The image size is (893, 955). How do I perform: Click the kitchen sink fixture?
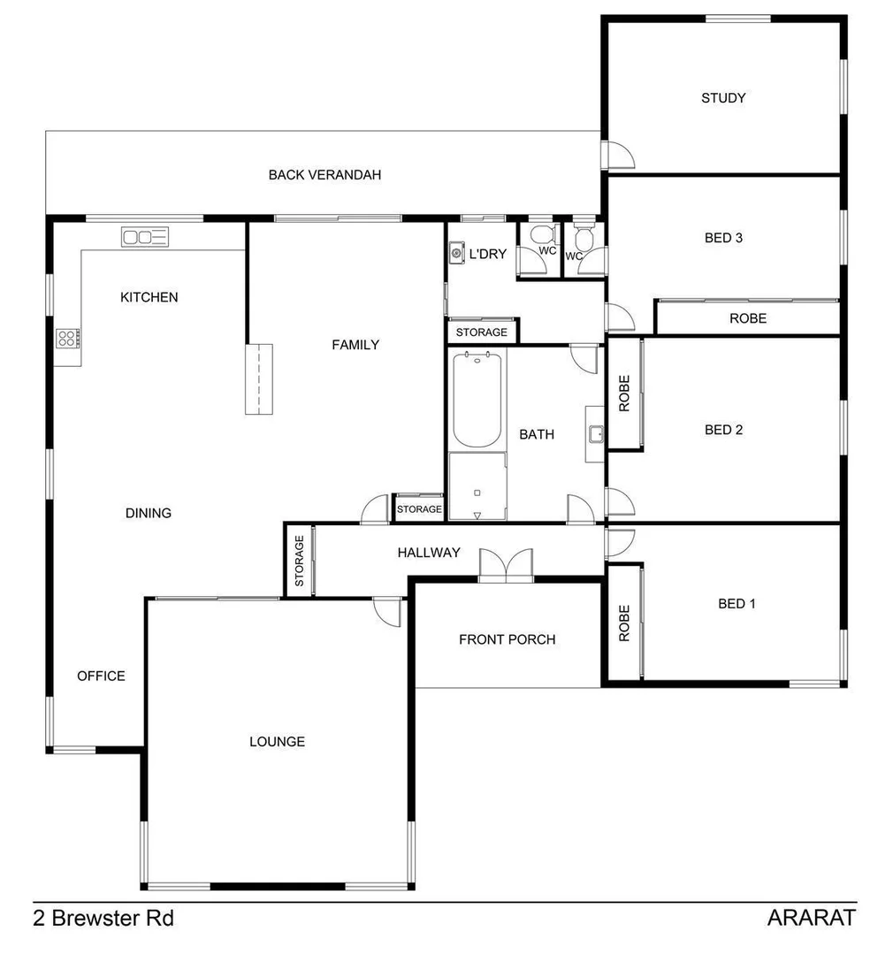145,236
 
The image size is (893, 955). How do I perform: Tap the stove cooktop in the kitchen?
68,337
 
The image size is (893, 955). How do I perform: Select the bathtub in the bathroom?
477,400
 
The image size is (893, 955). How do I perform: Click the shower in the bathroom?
477,486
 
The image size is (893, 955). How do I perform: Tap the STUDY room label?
722,98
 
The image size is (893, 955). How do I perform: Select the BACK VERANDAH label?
324,175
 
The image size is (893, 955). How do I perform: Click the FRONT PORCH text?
507,639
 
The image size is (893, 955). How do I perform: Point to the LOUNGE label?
277,742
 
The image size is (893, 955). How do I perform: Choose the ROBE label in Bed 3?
747,318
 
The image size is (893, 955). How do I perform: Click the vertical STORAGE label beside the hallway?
299,561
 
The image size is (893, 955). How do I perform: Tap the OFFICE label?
101,676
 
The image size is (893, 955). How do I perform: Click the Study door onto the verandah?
618,155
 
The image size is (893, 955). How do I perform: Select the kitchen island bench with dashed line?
259,378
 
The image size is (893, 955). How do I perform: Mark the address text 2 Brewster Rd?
103,918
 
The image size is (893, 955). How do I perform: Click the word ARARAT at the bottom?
811,918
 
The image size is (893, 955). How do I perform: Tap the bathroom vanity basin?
595,433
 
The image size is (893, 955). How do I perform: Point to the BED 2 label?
722,430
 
